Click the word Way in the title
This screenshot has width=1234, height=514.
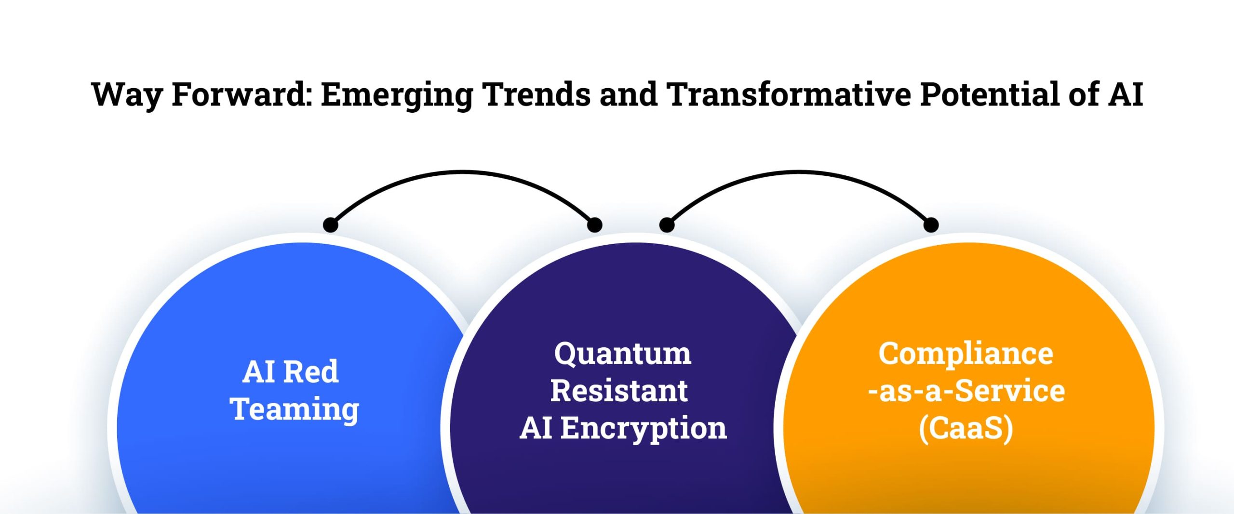click(x=127, y=95)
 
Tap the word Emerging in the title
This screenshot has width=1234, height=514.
click(x=397, y=95)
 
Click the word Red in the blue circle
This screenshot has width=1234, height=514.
click(x=311, y=372)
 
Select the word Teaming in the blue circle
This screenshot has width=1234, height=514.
click(x=295, y=410)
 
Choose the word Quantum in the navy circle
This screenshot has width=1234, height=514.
click(x=622, y=354)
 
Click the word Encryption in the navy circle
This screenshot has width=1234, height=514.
click(x=644, y=429)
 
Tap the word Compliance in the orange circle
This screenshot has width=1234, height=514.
click(x=966, y=354)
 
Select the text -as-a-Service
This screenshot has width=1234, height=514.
click(x=966, y=391)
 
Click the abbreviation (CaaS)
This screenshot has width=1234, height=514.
click(x=966, y=428)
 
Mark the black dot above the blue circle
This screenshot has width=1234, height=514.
click(x=331, y=224)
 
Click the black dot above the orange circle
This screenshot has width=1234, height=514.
click(x=931, y=224)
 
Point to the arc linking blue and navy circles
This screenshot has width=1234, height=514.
click(x=463, y=172)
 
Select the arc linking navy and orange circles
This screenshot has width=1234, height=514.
click(x=799, y=172)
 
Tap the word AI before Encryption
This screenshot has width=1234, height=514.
click(x=536, y=428)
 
